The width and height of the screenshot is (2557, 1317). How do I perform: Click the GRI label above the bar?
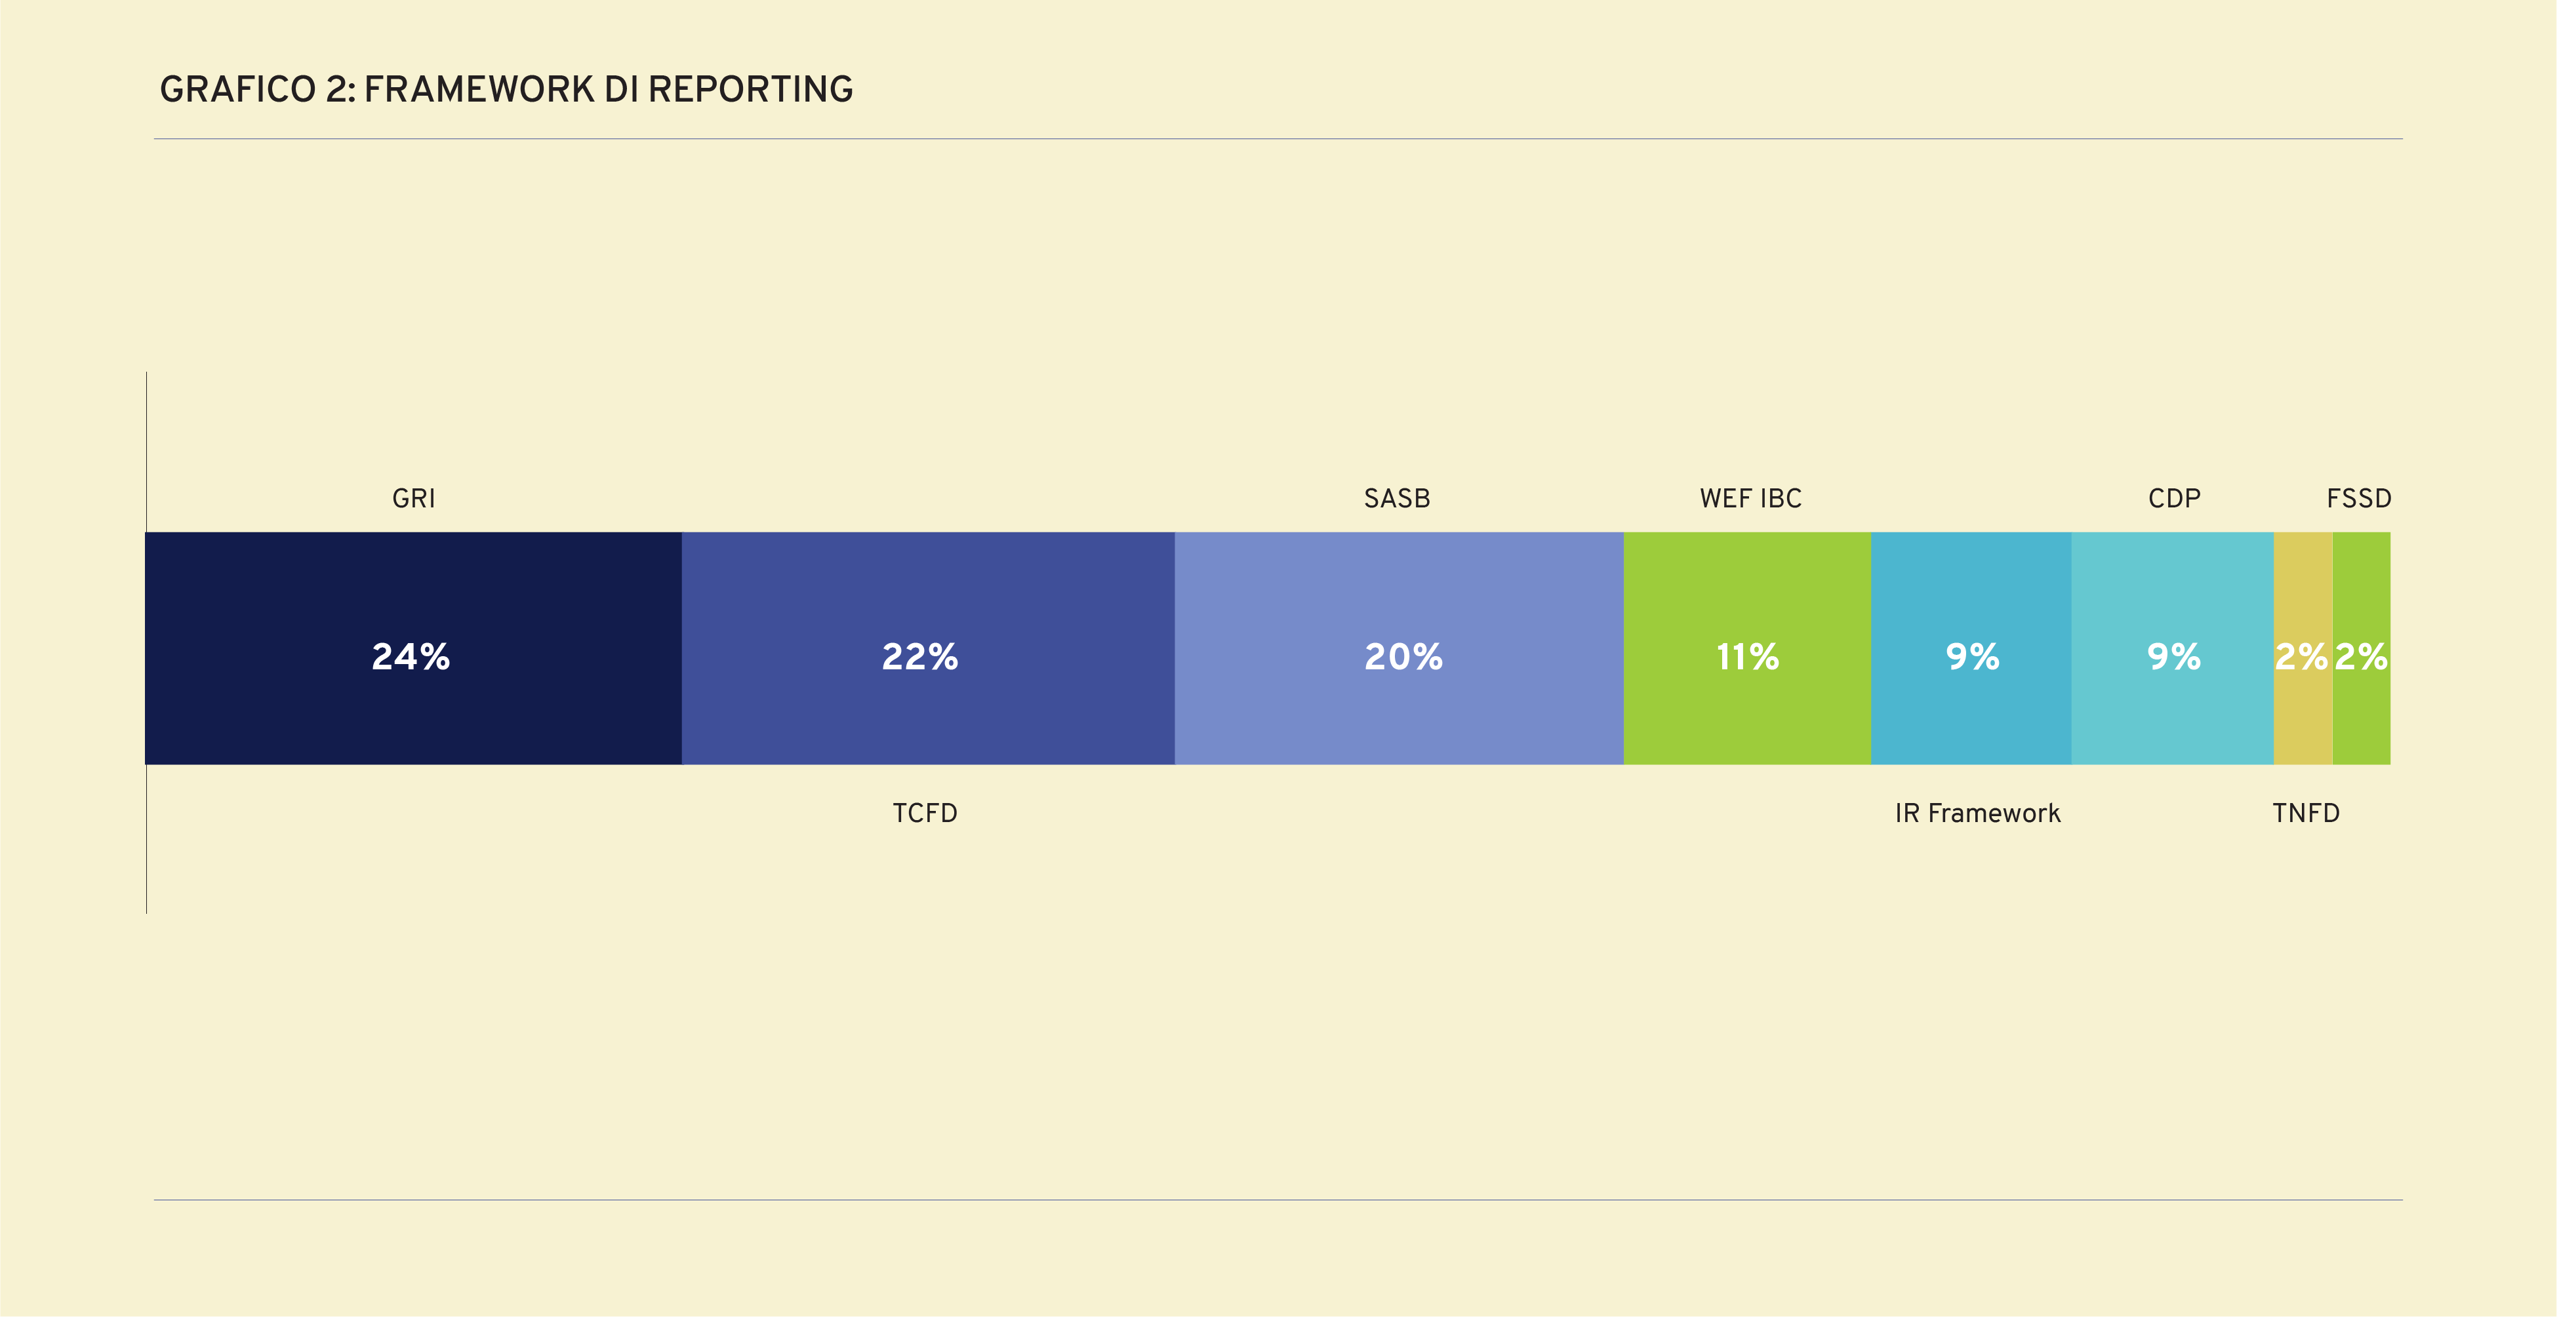click(413, 498)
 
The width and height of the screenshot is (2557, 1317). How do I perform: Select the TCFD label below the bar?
click(924, 813)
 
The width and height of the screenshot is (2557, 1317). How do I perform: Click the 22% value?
click(919, 656)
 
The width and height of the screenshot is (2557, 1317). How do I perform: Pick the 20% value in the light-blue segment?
click(1403, 656)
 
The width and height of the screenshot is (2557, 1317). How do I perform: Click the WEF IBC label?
click(1750, 498)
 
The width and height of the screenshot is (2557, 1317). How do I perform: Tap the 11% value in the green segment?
click(1747, 656)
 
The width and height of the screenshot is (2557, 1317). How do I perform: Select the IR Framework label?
click(1977, 813)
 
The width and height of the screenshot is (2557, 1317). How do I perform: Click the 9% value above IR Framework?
click(1971, 656)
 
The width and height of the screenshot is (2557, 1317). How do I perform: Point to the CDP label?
click(2174, 498)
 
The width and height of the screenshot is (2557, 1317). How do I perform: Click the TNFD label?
click(2305, 813)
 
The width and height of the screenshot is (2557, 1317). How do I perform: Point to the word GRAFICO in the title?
click(237, 89)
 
